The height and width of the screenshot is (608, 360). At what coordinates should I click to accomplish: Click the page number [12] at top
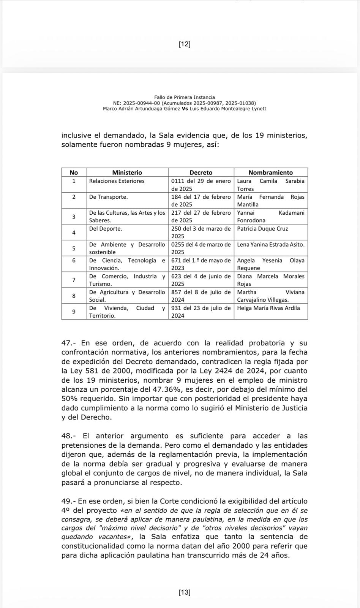point(185,44)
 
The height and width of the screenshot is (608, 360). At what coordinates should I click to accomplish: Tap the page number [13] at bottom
point(185,592)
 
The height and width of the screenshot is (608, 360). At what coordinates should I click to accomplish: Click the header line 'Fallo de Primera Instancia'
point(185,97)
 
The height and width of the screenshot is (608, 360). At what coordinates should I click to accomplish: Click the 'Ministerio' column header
point(127,173)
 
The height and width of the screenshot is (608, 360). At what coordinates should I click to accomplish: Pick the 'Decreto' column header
point(201,173)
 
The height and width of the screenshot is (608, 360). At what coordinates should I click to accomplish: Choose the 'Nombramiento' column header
point(270,173)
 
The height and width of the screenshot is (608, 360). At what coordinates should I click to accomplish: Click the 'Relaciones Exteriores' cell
point(117,181)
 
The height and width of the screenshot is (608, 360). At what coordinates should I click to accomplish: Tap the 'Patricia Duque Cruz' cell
point(262,229)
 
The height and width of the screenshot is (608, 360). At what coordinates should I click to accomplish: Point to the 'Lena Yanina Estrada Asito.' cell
point(270,245)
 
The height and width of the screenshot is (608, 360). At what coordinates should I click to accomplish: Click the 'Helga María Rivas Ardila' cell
point(268,308)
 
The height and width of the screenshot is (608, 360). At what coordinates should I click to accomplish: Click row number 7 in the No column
point(74,280)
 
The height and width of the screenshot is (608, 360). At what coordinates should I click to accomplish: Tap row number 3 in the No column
point(74,217)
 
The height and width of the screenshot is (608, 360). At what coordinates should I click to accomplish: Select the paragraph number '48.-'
point(70,436)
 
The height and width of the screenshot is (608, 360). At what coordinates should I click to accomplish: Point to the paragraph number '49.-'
point(70,502)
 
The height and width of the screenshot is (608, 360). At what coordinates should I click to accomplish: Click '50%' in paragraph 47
point(69,399)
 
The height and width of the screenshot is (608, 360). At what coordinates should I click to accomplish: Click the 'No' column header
point(74,173)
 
